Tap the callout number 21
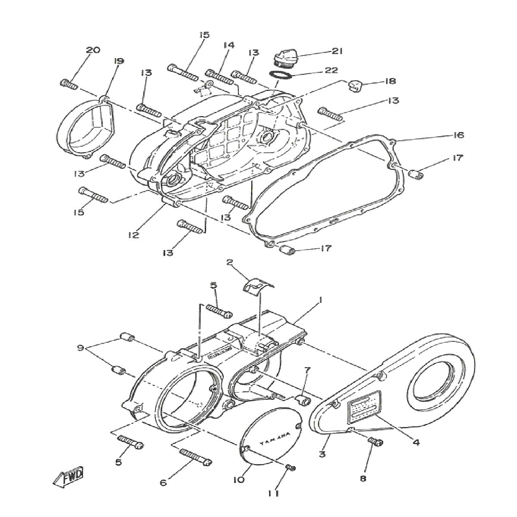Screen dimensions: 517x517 pyautogui.click(x=336, y=51)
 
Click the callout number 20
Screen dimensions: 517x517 pyautogui.click(x=93, y=50)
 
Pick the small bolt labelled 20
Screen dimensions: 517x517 pyautogui.click(x=69, y=84)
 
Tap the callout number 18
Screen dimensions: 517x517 pyautogui.click(x=390, y=81)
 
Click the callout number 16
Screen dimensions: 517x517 pyautogui.click(x=458, y=135)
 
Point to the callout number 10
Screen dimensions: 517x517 pyautogui.click(x=240, y=479)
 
